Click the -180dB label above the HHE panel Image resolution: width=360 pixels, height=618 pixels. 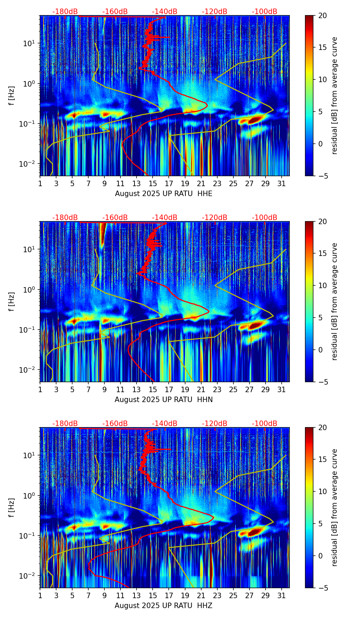(65, 12)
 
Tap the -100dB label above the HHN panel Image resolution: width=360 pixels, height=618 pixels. (265, 218)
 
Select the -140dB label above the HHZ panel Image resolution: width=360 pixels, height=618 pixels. (165, 424)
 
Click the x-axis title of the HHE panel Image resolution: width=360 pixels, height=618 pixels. (164, 194)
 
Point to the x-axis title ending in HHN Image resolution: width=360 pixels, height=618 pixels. (164, 400)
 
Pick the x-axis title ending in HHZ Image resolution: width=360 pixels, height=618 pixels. (164, 606)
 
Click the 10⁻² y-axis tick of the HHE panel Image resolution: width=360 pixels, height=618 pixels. (30, 164)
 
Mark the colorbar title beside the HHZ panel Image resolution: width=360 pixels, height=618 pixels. (335, 507)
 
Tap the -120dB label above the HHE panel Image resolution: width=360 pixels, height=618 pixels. (215, 12)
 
